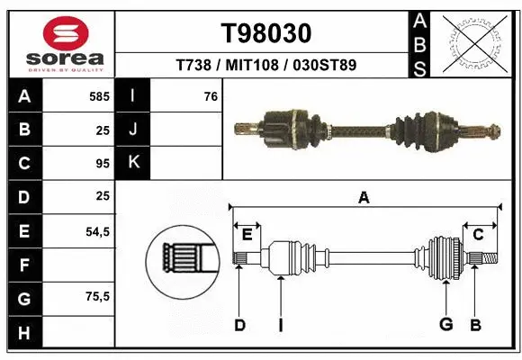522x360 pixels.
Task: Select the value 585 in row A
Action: [98, 96]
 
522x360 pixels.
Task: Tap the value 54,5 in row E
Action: [96, 231]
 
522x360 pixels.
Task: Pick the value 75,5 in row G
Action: [96, 296]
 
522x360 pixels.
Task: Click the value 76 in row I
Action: [211, 96]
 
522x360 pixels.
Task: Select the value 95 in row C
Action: [102, 163]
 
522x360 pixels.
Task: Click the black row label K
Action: [133, 163]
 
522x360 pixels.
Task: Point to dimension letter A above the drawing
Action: [364, 197]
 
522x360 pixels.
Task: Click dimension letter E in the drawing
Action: [247, 235]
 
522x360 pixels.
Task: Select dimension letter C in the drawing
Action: [478, 235]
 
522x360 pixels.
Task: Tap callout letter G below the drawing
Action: [445, 324]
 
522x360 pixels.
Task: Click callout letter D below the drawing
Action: [239, 324]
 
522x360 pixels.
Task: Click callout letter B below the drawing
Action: [476, 324]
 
